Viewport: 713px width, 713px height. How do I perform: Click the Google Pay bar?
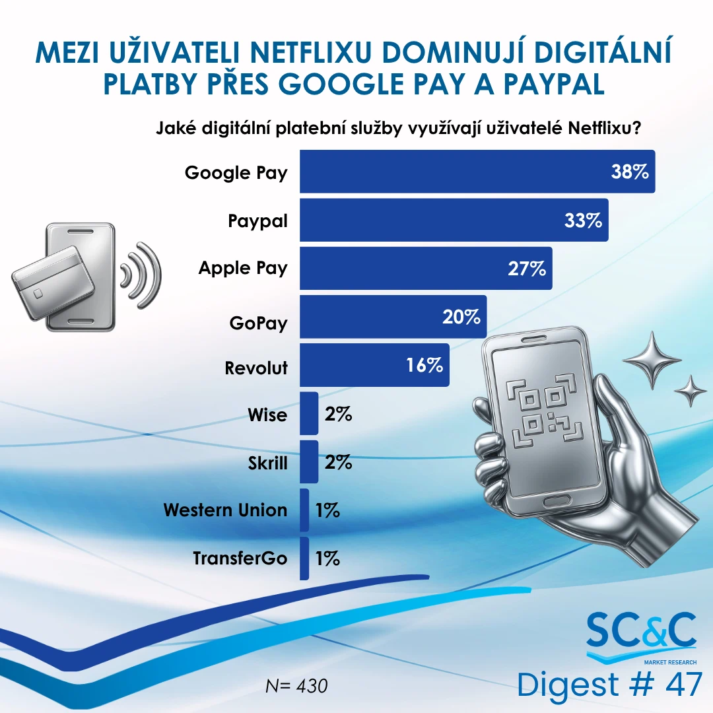pyautogui.click(x=477, y=172)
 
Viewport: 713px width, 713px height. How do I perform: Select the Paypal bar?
pyautogui.click(x=454, y=220)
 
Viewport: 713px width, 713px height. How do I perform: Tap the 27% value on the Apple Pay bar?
pyautogui.click(x=527, y=269)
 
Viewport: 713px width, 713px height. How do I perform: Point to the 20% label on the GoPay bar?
pyautogui.click(x=461, y=317)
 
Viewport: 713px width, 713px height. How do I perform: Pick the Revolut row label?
pyautogui.click(x=256, y=368)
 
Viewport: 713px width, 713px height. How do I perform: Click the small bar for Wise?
pyautogui.click(x=309, y=413)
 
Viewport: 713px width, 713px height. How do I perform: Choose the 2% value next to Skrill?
pyautogui.click(x=338, y=462)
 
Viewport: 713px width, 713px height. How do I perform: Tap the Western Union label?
pyautogui.click(x=226, y=510)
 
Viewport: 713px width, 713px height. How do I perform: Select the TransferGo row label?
pyautogui.click(x=240, y=559)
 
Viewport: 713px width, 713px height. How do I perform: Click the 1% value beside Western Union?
pyautogui.click(x=327, y=510)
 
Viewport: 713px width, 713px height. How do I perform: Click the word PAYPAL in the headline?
pyautogui.click(x=554, y=84)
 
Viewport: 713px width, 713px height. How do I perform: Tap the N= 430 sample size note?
pyautogui.click(x=296, y=686)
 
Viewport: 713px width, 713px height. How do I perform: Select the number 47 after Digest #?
pyautogui.click(x=684, y=685)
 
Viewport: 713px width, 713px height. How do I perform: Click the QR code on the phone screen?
pyautogui.click(x=545, y=411)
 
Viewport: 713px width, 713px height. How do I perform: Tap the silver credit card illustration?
pyautogui.click(x=53, y=282)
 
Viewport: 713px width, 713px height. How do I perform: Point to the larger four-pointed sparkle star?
pyautogui.click(x=652, y=360)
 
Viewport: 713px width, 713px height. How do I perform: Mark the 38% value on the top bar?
pyautogui.click(x=630, y=172)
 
